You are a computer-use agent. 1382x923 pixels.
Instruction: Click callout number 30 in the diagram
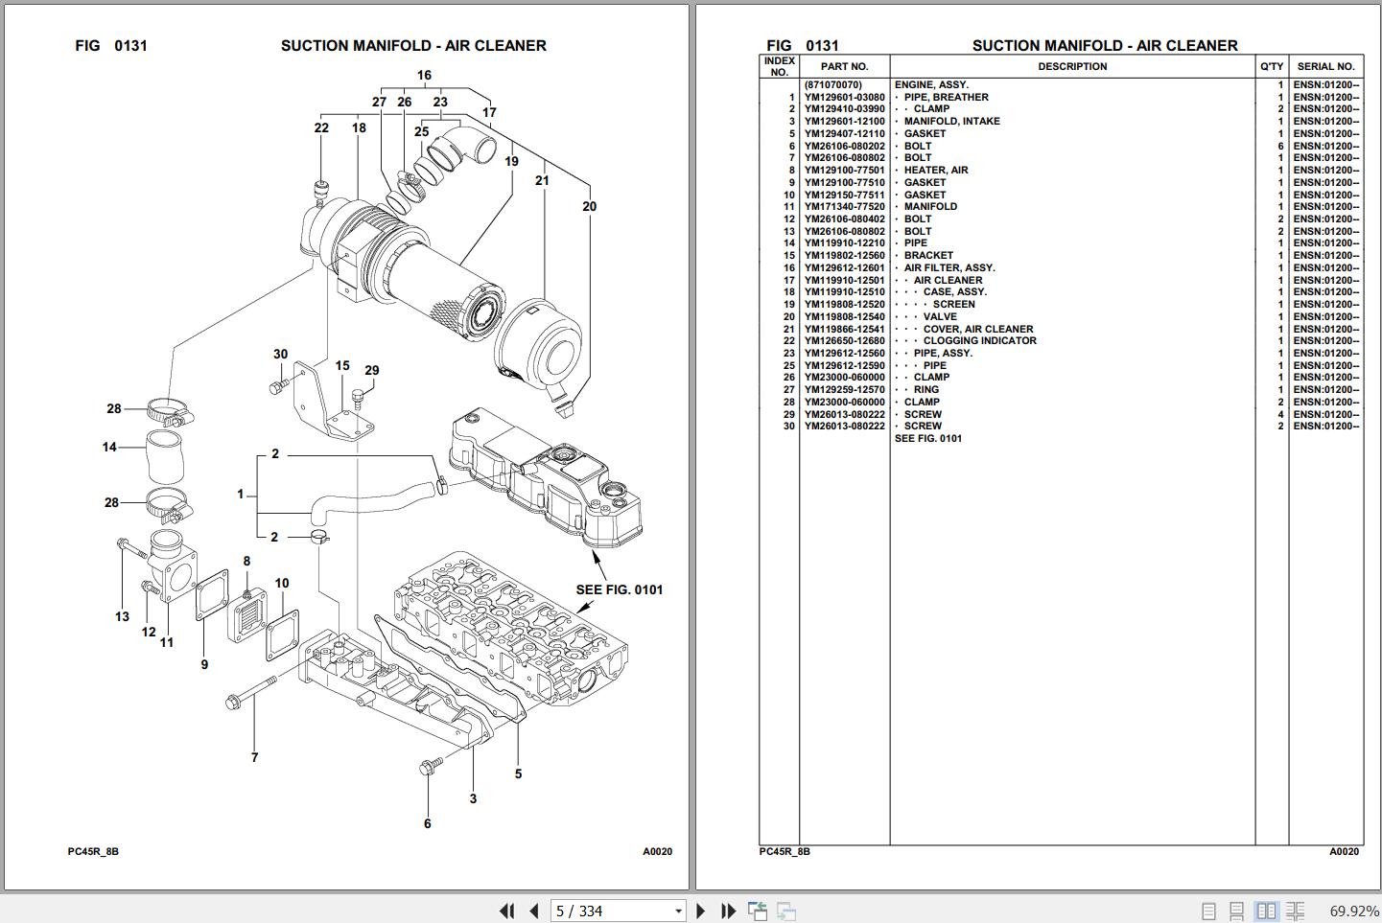click(x=280, y=354)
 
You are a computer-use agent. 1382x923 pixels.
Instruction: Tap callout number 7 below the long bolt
click(x=254, y=757)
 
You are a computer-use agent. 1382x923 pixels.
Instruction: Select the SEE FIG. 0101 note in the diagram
click(x=619, y=589)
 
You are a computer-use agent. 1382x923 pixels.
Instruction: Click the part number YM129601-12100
click(x=844, y=122)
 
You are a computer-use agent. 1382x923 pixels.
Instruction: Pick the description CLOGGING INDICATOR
click(x=979, y=341)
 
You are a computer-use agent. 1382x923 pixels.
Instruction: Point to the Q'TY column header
click(x=1272, y=66)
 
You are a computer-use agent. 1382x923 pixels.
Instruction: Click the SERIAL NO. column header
click(x=1325, y=66)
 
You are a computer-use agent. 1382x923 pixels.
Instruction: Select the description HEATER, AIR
click(x=935, y=171)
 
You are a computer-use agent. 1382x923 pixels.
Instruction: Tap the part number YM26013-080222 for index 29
click(x=844, y=414)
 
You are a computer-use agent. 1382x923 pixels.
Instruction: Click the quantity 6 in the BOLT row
click(x=1279, y=147)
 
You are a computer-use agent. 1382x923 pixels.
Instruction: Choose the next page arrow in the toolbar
click(x=701, y=911)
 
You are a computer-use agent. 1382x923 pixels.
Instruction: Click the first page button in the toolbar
click(x=506, y=911)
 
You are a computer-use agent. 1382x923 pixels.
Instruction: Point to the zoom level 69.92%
click(x=1353, y=911)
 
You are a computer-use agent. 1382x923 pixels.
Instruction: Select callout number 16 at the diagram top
click(x=424, y=75)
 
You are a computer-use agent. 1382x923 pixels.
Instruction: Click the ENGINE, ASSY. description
click(x=931, y=85)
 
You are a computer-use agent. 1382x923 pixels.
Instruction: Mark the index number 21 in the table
click(x=788, y=329)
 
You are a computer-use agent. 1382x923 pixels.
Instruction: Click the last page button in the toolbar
click(x=729, y=911)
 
